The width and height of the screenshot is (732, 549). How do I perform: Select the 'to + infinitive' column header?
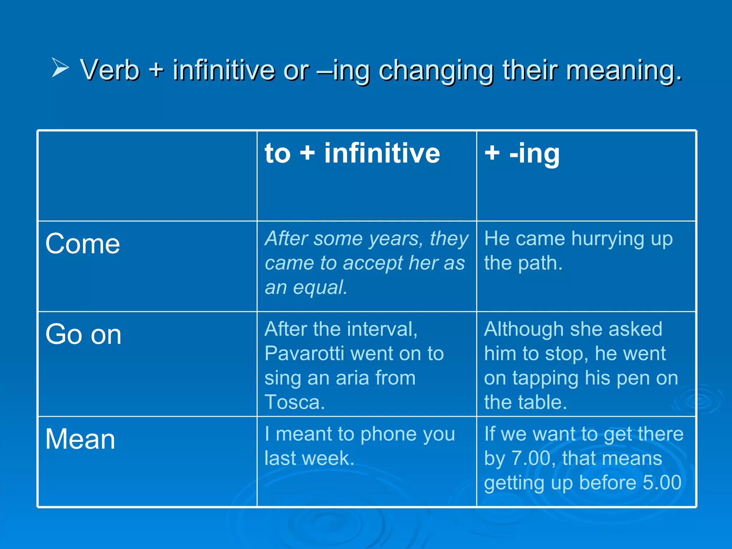pos(352,153)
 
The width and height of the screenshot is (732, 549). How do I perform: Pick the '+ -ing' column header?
pos(522,154)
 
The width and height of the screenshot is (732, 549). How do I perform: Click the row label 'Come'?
pos(83,244)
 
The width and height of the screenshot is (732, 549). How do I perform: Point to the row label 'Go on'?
pos(83,335)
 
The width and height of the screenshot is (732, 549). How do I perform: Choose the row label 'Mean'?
pos(80,439)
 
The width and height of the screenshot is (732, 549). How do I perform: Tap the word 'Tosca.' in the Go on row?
pos(295,402)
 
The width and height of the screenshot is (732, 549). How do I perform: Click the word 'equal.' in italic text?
pos(320,287)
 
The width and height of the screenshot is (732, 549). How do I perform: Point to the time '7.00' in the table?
pos(531,458)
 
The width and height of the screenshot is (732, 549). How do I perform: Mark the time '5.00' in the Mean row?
pos(662,483)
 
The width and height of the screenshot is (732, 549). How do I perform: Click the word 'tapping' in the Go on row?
pos(545,379)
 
